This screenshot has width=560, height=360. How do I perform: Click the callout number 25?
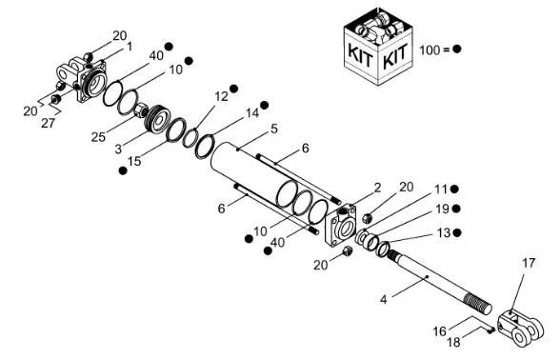click(98, 137)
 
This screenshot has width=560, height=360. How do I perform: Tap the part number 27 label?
click(48, 123)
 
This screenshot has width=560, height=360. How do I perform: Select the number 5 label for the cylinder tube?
click(274, 129)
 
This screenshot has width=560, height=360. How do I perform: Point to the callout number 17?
click(529, 263)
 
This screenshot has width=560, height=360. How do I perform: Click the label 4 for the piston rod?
click(383, 299)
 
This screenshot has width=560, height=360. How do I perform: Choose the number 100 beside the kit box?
click(430, 50)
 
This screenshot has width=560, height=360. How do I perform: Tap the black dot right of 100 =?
click(457, 50)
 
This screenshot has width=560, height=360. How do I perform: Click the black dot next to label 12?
click(234, 89)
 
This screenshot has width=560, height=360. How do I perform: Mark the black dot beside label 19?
click(456, 209)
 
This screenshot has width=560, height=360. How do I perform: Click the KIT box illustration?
click(379, 47)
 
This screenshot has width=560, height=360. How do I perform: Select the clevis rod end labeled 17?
click(521, 328)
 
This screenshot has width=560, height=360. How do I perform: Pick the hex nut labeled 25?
click(141, 110)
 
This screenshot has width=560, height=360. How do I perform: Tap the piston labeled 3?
click(158, 119)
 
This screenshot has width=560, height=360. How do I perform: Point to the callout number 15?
click(134, 161)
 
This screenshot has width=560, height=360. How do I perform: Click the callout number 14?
click(252, 113)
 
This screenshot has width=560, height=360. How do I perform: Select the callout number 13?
click(444, 232)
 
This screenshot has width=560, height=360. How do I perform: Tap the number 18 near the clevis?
click(454, 342)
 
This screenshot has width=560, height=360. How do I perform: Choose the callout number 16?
click(440, 331)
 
